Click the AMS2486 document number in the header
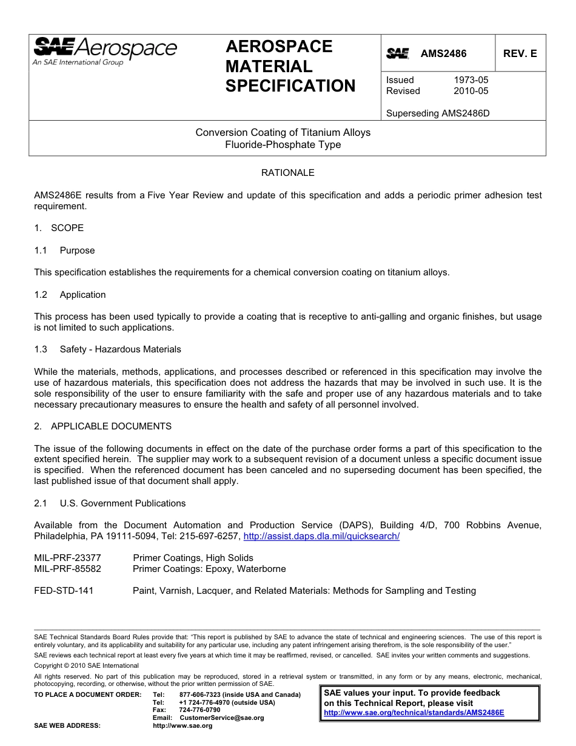click(444, 54)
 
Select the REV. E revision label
click(520, 54)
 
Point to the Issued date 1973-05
click(471, 80)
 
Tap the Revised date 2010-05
click(471, 91)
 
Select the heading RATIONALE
click(287, 173)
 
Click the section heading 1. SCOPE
click(59, 228)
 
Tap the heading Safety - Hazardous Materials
click(120, 349)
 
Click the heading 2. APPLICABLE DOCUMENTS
click(102, 426)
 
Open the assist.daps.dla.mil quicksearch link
click(321, 537)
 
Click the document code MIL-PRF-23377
click(67, 558)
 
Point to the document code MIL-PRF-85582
click(67, 569)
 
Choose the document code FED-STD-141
click(64, 591)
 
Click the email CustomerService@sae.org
click(222, 717)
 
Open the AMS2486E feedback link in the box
click(414, 713)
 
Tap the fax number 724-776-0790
click(200, 710)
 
